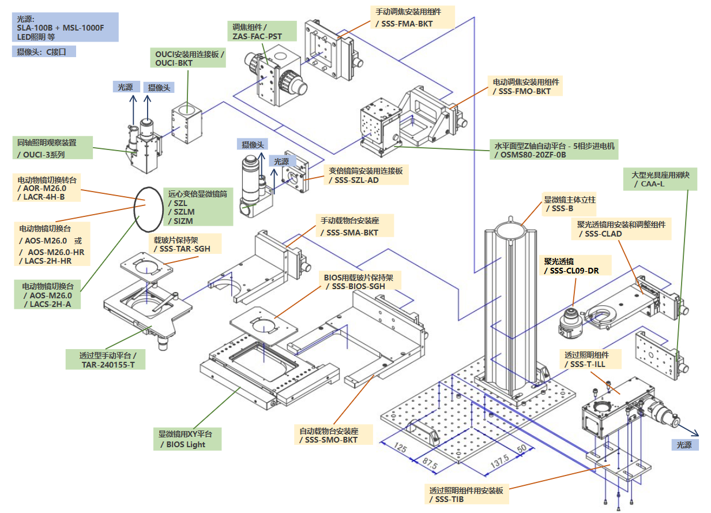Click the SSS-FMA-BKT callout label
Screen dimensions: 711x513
click(412, 17)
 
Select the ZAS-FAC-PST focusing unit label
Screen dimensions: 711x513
click(262, 31)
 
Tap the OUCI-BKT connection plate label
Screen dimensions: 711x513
click(188, 58)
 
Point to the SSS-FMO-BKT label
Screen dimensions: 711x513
click(525, 86)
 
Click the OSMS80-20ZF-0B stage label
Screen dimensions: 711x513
click(554, 149)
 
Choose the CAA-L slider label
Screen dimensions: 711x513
click(660, 179)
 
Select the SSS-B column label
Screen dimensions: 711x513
click(569, 204)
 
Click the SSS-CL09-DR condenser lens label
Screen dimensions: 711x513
click(575, 265)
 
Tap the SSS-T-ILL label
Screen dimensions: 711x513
click(590, 359)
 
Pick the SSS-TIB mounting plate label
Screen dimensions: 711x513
click(467, 495)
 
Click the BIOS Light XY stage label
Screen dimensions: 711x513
click(187, 439)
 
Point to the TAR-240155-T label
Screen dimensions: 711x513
click(106, 360)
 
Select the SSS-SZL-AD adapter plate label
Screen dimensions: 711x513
click(366, 175)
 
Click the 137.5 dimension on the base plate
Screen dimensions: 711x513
click(499, 461)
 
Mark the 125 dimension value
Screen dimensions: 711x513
click(400, 447)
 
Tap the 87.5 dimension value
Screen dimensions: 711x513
click(430, 463)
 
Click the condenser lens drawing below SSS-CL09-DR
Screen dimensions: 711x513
click(570, 323)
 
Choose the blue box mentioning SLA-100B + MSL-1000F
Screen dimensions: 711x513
click(65, 27)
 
